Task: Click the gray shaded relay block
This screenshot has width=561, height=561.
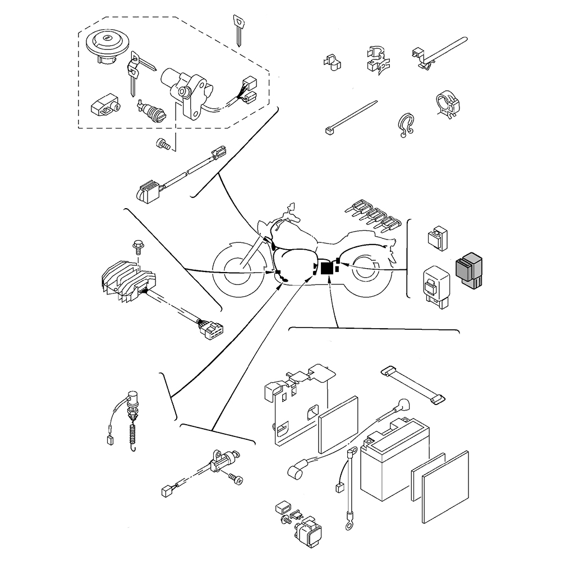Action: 470,271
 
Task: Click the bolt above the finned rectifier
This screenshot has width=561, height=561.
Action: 136,246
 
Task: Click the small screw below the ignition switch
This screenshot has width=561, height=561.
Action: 163,144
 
